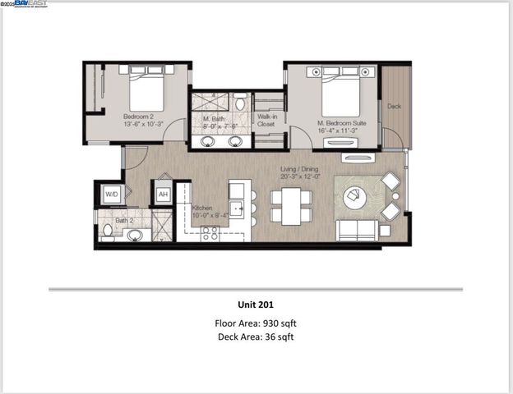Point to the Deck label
tap(394, 107)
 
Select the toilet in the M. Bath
tap(239, 103)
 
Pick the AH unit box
tap(163, 195)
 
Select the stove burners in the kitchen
tap(210, 232)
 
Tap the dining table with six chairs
tap(291, 206)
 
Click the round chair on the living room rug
tap(357, 197)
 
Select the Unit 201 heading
tap(254, 305)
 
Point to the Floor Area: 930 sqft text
tap(255, 323)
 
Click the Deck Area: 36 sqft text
tap(255, 337)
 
